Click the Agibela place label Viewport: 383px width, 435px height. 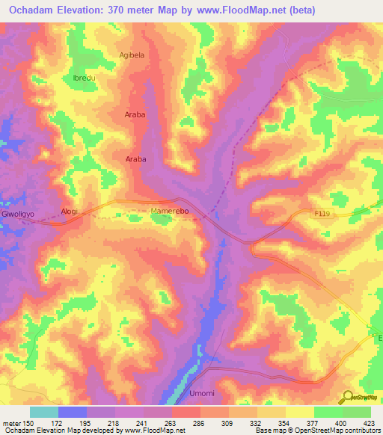tap(132, 55)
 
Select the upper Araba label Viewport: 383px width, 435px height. tap(135, 115)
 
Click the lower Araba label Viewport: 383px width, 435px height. tap(135, 159)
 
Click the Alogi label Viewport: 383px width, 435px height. tap(70, 212)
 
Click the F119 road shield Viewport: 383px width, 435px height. tap(321, 213)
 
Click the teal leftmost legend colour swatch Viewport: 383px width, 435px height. tap(43, 412)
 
